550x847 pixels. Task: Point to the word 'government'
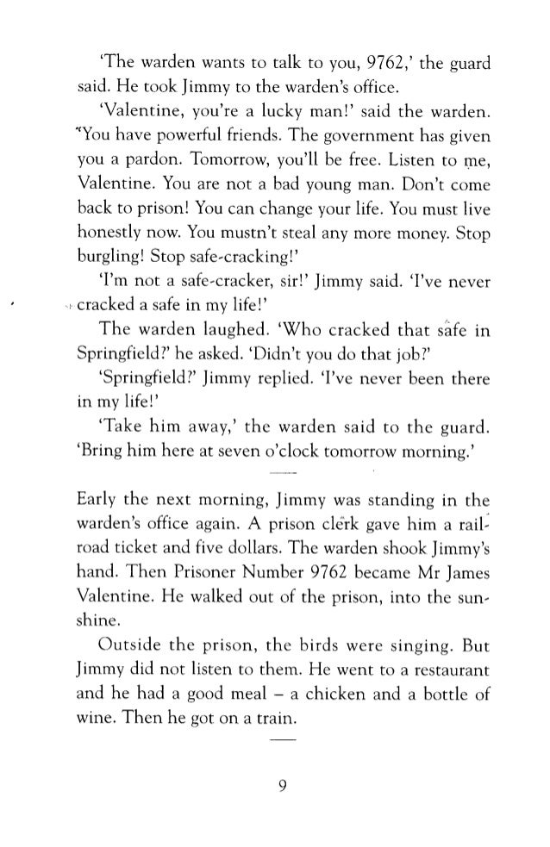coord(353,116)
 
